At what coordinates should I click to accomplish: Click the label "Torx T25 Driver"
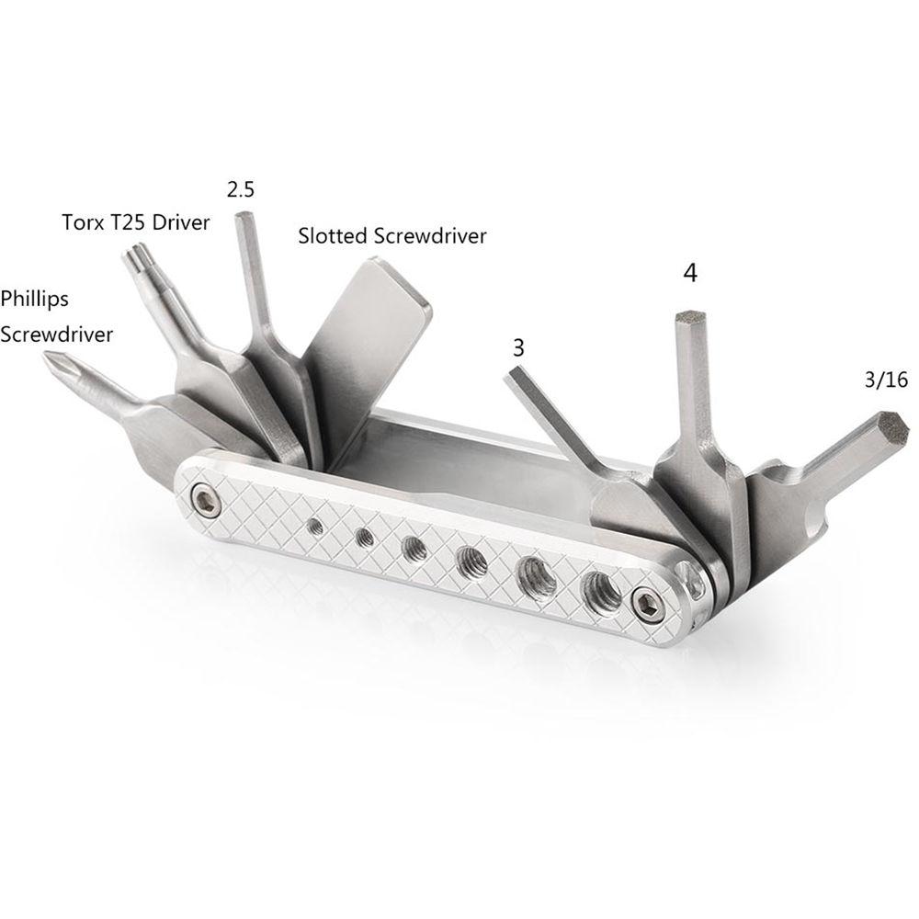tap(136, 222)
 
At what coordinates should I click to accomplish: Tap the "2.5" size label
tap(240, 190)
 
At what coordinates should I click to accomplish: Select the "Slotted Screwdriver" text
tap(392, 236)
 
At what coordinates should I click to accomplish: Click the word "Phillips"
tap(35, 299)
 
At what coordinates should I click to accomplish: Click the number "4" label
tap(690, 273)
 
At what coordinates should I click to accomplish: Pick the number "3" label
tap(519, 348)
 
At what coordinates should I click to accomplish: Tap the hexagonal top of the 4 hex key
tap(690, 318)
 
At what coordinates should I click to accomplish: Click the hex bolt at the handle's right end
tap(646, 604)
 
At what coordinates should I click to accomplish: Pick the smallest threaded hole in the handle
tap(315, 526)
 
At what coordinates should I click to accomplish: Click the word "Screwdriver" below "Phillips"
tap(56, 334)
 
